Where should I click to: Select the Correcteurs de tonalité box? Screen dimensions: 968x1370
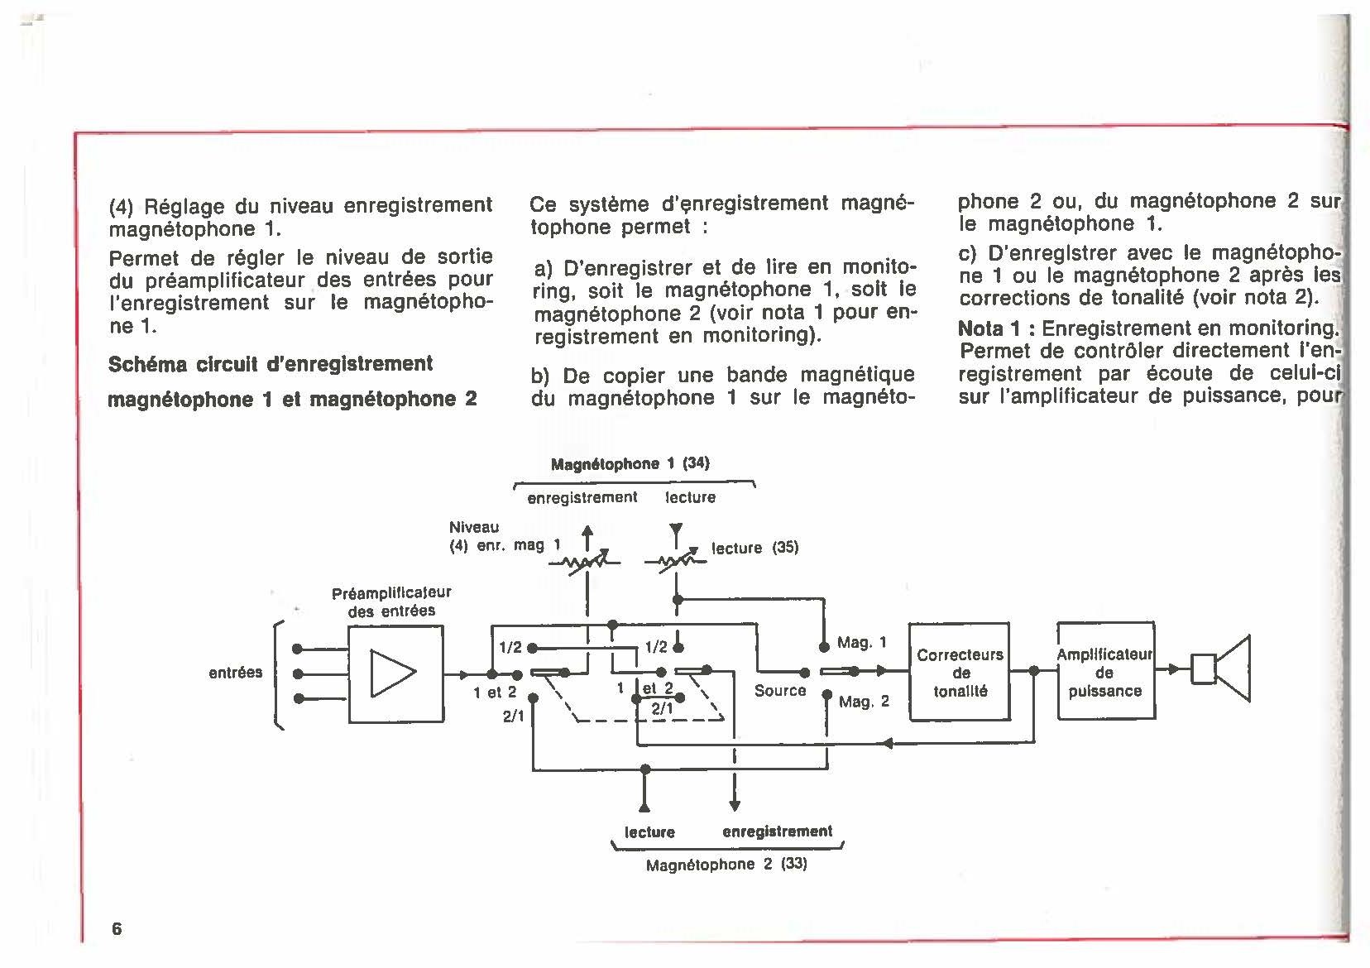[x=960, y=672]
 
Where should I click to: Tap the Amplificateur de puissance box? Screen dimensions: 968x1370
[x=1105, y=672]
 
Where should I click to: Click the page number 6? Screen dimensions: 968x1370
[x=117, y=927]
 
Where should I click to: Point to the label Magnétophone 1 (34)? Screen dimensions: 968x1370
[x=630, y=463]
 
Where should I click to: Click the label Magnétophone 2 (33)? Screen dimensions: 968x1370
[x=726, y=865]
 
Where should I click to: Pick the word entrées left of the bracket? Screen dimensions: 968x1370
[x=235, y=673]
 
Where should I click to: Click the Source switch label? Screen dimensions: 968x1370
[x=779, y=690]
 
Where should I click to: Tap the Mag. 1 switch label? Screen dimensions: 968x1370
[x=862, y=643]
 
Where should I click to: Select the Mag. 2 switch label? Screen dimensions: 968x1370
[x=864, y=702]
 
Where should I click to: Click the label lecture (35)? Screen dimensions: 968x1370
[x=754, y=548]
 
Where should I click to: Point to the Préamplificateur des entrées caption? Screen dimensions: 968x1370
[x=391, y=601]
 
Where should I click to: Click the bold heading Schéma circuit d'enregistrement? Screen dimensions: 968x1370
[x=271, y=364]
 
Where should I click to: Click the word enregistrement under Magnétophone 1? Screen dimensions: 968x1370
[x=582, y=497]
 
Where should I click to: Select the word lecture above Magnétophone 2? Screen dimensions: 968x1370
[x=649, y=831]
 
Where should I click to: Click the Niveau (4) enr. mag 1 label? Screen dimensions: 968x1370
[x=505, y=536]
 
